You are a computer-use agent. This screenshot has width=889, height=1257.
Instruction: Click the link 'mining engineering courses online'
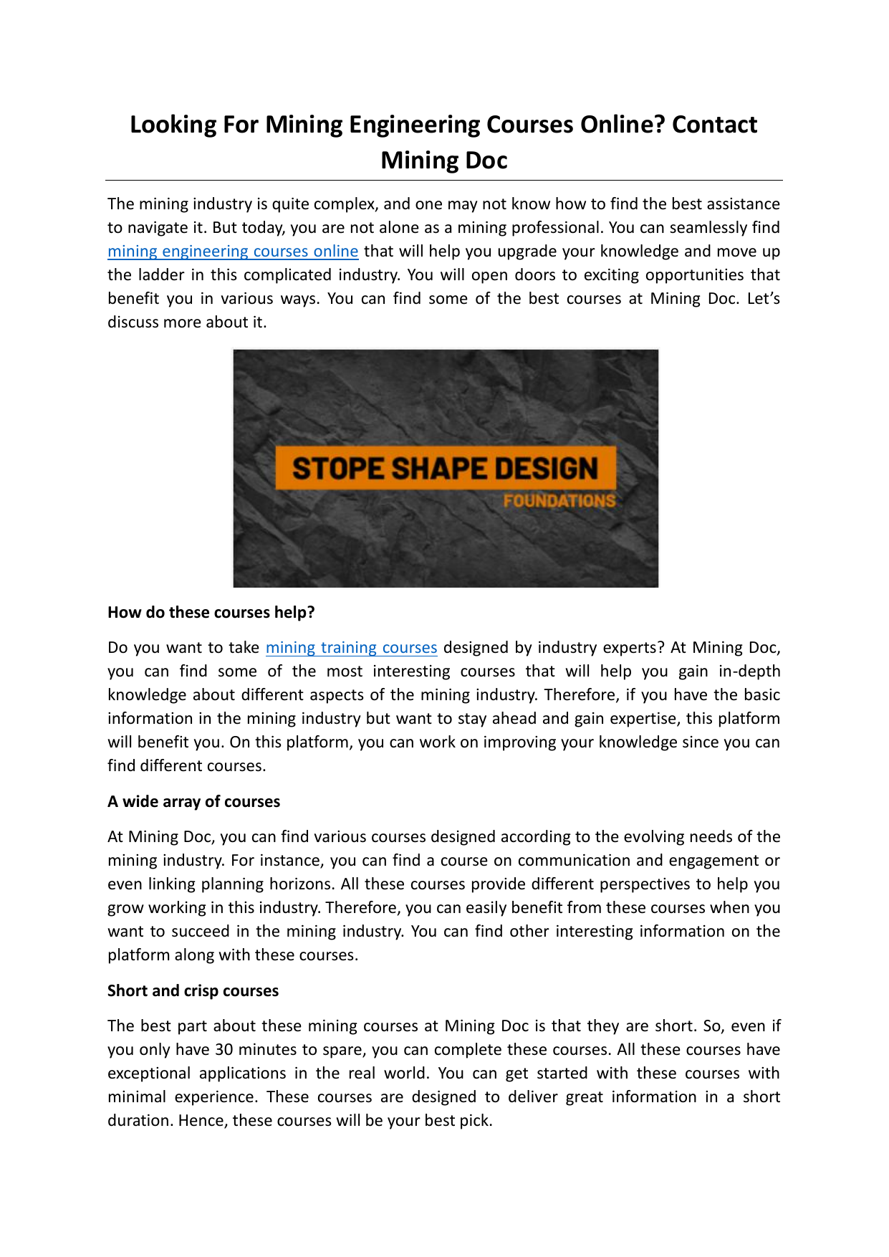click(233, 252)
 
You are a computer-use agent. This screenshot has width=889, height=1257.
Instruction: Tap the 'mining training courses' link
click(351, 648)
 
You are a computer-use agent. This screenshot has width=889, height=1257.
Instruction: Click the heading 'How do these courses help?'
click(211, 613)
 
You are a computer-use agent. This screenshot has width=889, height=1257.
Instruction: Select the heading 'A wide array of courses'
click(193, 802)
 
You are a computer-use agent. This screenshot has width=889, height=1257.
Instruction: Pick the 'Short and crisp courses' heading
click(193, 991)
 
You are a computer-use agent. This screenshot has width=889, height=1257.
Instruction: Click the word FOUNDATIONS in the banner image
click(559, 501)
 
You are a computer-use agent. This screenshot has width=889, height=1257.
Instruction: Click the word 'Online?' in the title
click(623, 125)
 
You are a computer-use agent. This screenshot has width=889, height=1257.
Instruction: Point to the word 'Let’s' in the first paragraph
click(763, 299)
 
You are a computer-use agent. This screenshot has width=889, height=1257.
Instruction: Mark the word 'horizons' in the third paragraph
click(301, 884)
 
